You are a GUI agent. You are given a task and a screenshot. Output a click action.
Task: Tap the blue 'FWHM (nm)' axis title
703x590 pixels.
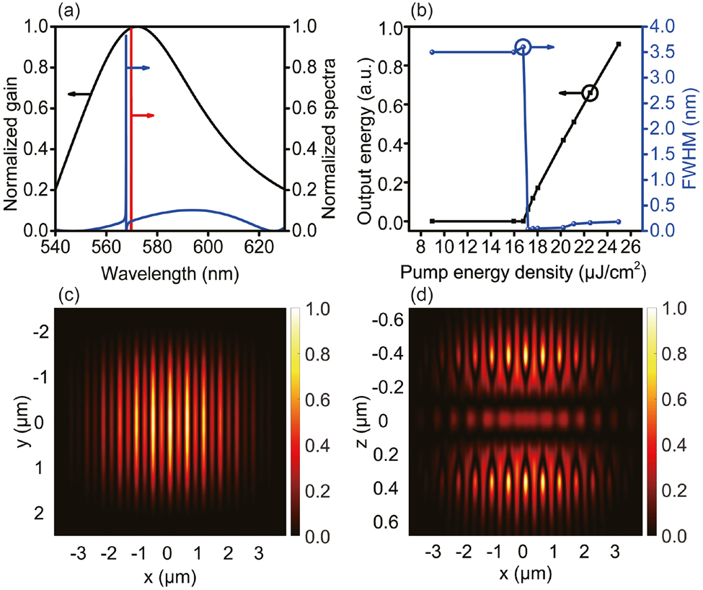click(691, 128)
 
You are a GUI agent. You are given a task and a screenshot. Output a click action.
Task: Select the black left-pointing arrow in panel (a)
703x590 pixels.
click(79, 94)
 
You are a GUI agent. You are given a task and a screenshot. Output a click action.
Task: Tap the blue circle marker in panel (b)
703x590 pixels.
click(523, 48)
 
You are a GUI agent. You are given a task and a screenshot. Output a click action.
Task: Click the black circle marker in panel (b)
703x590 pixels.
click(591, 92)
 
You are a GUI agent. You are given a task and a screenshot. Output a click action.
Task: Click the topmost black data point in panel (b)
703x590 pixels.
click(619, 45)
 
